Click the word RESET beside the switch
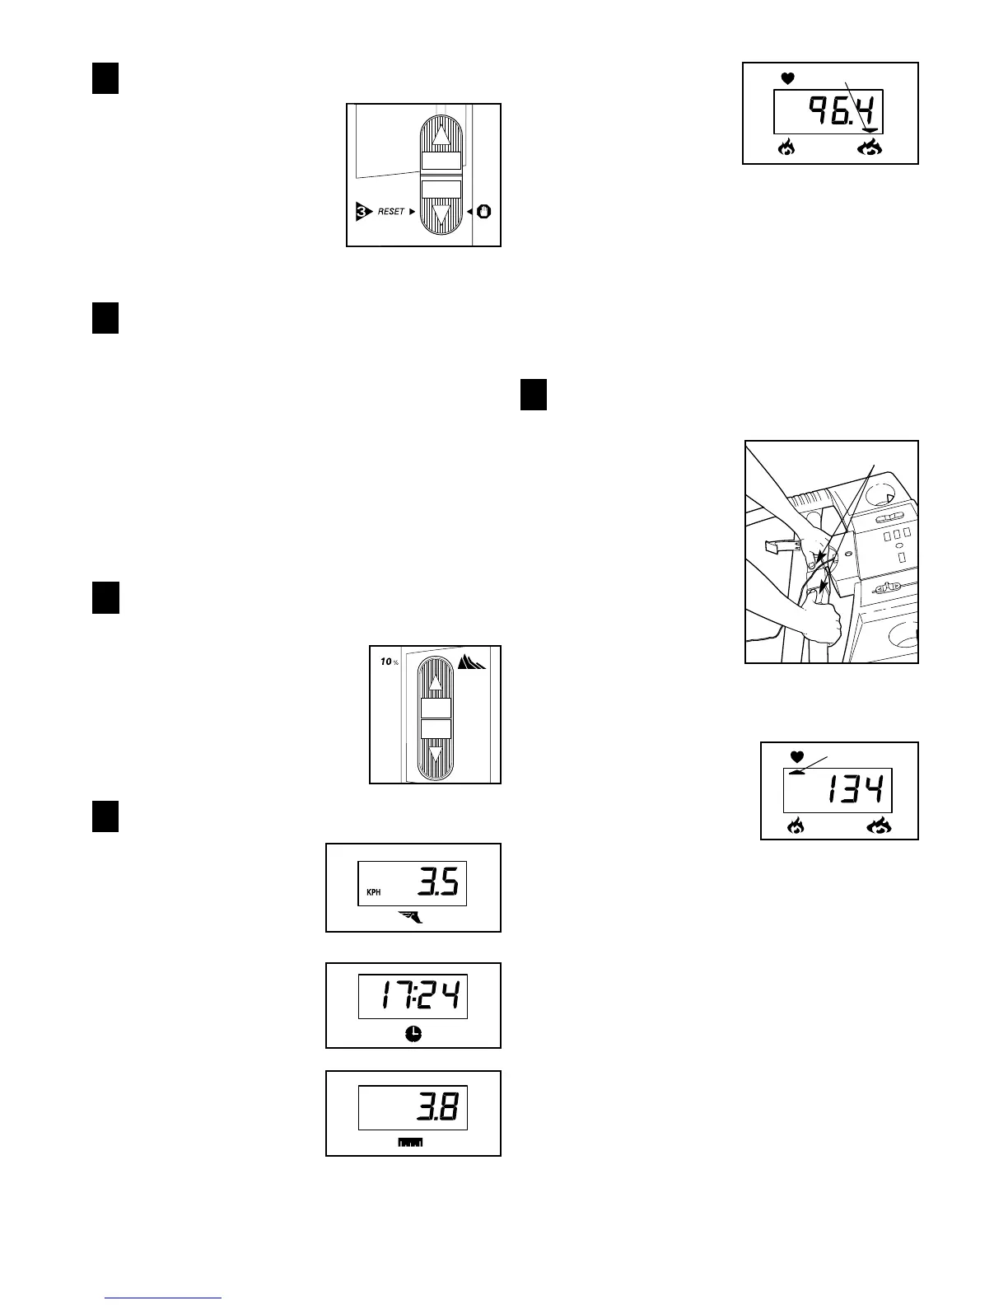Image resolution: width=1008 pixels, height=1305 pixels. tap(391, 212)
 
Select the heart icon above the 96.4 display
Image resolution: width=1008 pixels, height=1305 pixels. tap(788, 79)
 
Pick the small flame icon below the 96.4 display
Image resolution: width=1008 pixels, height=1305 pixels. tap(786, 148)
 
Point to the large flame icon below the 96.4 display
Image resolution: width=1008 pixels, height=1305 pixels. tap(870, 148)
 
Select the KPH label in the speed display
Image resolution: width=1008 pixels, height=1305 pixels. tap(373, 892)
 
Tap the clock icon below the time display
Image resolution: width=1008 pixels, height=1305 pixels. tap(413, 1035)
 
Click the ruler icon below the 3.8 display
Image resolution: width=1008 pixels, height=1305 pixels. tap(410, 1143)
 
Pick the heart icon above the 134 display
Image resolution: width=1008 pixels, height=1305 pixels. tap(796, 756)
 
